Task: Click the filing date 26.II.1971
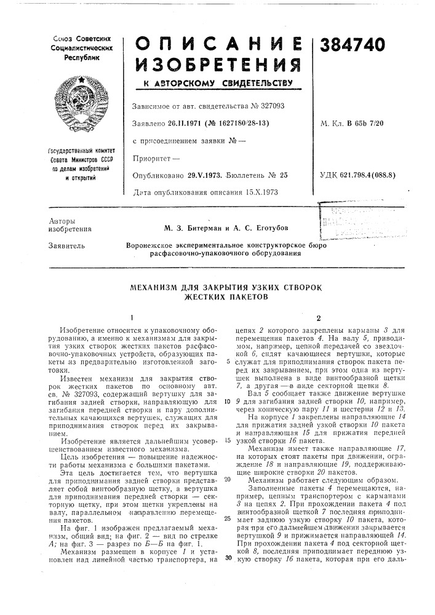click(184, 124)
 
